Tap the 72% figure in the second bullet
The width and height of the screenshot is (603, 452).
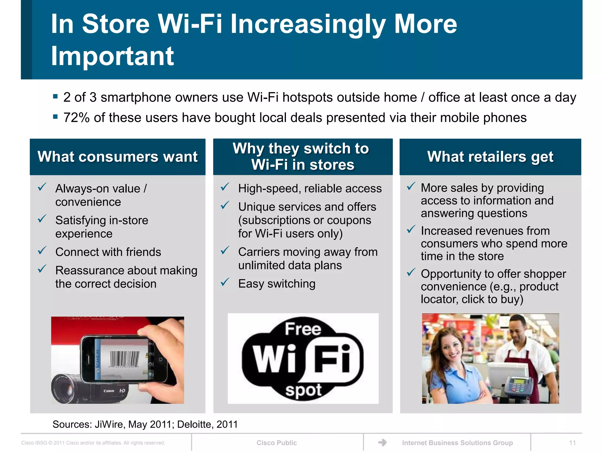point(77,118)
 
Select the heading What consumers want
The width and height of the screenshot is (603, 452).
point(117,157)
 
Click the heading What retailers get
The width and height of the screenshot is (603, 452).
point(490,157)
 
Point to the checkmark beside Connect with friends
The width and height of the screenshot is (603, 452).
point(42,251)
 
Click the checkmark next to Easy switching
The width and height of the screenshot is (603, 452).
point(225,282)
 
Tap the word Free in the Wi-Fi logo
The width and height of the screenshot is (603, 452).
point(303,329)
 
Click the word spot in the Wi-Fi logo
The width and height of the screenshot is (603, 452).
point(303,390)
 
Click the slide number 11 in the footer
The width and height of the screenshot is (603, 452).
point(572,443)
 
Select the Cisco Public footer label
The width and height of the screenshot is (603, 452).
point(276,443)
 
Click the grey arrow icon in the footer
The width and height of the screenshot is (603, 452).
point(382,442)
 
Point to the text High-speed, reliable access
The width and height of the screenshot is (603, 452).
point(310,188)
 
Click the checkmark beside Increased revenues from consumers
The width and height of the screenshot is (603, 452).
point(411,229)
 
